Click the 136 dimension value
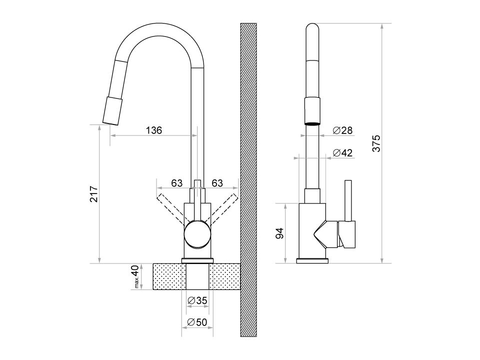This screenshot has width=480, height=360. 153,130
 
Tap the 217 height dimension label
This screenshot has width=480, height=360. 94,194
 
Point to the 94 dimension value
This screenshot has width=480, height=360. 280,233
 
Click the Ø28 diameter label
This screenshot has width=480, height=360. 343,130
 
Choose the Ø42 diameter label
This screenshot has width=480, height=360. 343,153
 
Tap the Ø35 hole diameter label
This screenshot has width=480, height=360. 197,300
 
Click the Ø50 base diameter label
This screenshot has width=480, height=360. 197,322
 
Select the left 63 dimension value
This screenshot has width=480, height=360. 176,183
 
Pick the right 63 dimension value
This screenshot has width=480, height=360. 217,183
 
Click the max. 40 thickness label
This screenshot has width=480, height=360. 135,276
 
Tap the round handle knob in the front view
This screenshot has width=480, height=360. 197,234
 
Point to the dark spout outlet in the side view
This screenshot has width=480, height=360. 312,123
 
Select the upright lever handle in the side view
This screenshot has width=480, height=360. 348,200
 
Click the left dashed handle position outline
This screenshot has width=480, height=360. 172,208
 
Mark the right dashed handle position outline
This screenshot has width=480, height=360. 222,208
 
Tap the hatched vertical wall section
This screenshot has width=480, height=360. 248,180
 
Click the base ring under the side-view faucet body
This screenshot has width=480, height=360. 312,261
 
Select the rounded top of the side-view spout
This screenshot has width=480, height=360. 312,28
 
